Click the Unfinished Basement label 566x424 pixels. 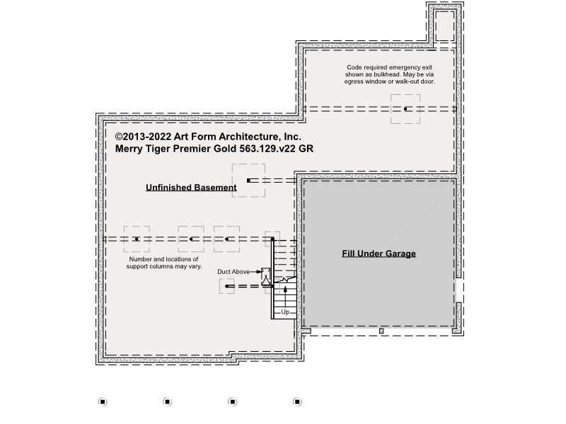(x=191, y=188)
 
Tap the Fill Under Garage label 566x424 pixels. (x=379, y=253)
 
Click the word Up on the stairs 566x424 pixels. (x=285, y=311)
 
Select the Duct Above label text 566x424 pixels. (x=233, y=272)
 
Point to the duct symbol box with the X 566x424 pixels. (x=266, y=277)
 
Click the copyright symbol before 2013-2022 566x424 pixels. (x=119, y=137)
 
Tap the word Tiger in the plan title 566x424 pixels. (x=157, y=149)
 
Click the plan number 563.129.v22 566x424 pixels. (x=267, y=149)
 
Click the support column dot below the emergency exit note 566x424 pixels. (x=405, y=109)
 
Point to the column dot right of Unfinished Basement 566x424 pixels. (x=248, y=181)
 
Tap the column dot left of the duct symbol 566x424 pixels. (x=226, y=287)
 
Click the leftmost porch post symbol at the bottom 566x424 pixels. (x=103, y=401)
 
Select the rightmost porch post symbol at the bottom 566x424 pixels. (x=297, y=401)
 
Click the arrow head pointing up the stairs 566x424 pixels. (x=286, y=289)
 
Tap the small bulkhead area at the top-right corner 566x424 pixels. (x=444, y=26)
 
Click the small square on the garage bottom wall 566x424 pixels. (x=381, y=331)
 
